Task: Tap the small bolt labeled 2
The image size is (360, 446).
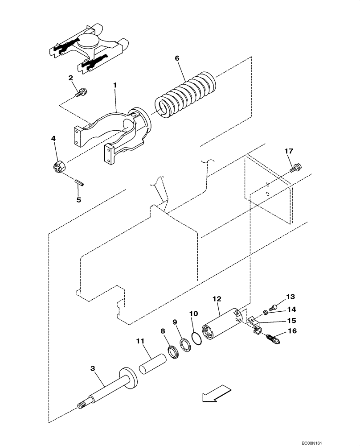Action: tap(82, 93)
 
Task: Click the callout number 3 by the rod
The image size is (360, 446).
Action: tap(92, 369)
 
